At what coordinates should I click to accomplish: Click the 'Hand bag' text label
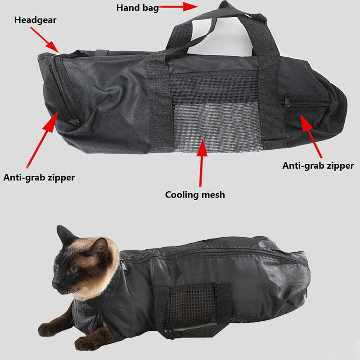pyautogui.click(x=137, y=8)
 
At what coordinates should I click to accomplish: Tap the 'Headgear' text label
pyautogui.click(x=35, y=20)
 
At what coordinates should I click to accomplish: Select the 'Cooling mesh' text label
pyautogui.click(x=195, y=195)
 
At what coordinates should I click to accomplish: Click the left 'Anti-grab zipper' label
pyautogui.click(x=39, y=177)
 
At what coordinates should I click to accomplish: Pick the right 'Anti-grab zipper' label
pyautogui.click(x=318, y=166)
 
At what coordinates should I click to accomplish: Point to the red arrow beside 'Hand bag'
pyautogui.click(x=179, y=7)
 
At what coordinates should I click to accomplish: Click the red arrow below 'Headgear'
pyautogui.click(x=44, y=39)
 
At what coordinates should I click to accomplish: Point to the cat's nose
pyautogui.click(x=54, y=284)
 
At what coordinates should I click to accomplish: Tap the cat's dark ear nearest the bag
pyautogui.click(x=100, y=247)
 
